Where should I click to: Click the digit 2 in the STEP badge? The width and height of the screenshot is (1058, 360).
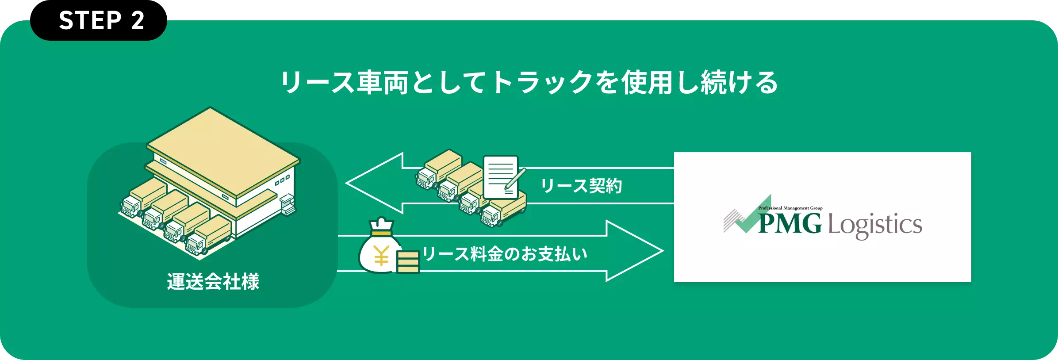click(138, 21)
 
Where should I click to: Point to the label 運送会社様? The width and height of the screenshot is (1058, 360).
click(213, 282)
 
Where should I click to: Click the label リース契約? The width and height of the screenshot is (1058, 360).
click(581, 186)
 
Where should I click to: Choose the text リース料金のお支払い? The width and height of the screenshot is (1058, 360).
click(505, 254)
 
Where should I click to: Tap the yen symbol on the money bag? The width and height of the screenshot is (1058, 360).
click(381, 256)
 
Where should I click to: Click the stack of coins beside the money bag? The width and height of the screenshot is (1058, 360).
click(407, 262)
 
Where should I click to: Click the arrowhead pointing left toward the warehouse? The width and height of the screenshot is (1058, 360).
click(372, 183)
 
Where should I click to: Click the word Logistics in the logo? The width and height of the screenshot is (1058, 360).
click(874, 225)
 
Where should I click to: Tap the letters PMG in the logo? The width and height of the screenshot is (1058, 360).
click(790, 223)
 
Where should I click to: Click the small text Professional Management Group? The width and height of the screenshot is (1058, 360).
click(790, 208)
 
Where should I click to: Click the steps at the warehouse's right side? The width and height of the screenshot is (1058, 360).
click(288, 205)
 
